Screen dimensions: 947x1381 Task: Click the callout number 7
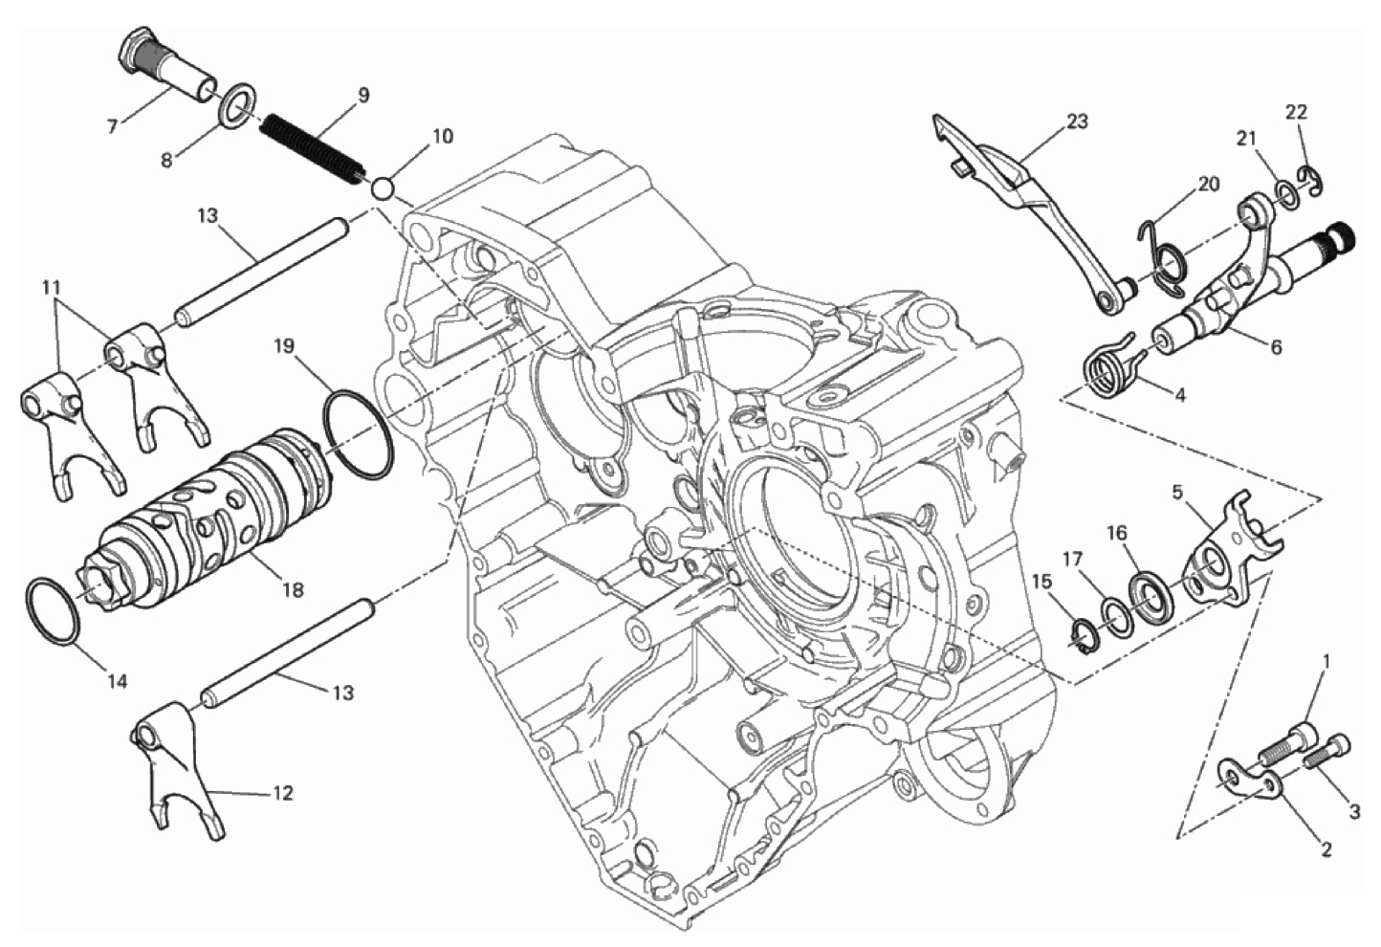pyautogui.click(x=112, y=126)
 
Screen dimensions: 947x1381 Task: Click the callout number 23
pyautogui.click(x=1078, y=121)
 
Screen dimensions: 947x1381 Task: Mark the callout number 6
pyautogui.click(x=1276, y=347)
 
